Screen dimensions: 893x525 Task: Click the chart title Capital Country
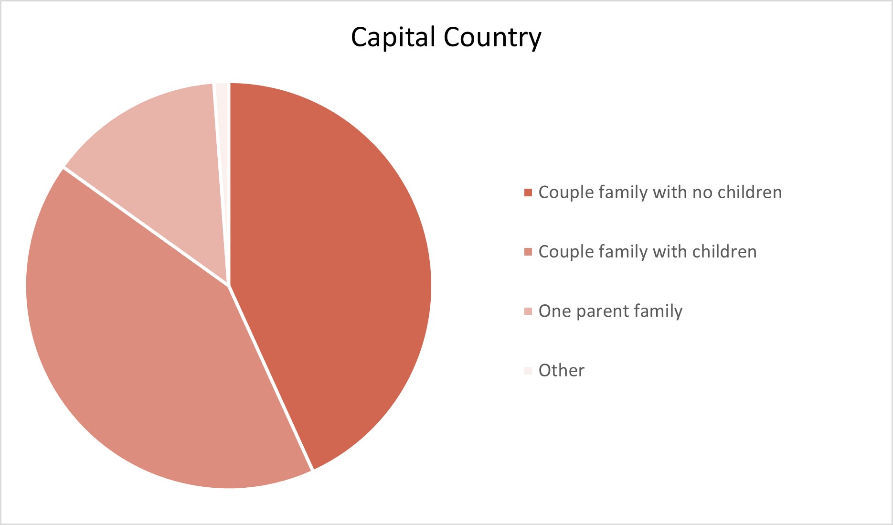coord(446,37)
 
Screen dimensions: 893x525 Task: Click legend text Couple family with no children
coord(660,193)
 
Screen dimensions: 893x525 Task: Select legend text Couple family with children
coord(648,252)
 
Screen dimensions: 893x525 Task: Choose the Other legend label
coord(561,370)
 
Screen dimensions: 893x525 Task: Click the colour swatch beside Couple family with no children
coord(528,193)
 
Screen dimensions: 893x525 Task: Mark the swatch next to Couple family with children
coord(528,252)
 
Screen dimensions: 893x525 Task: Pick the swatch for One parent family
coord(528,311)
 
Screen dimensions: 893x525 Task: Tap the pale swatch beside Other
coord(528,371)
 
